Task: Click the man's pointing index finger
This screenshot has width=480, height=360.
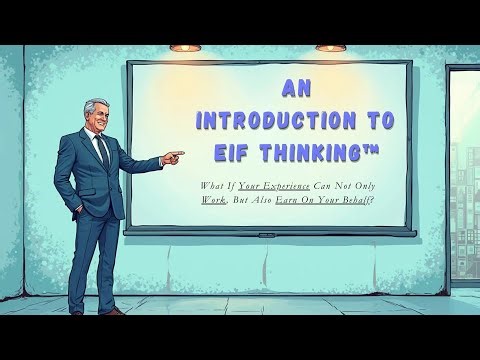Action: coord(179,155)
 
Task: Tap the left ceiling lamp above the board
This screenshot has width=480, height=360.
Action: coord(185,46)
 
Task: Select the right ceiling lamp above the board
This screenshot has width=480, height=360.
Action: coord(331,46)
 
